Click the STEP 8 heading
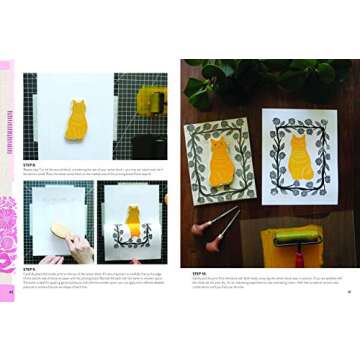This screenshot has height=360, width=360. coord(30,165)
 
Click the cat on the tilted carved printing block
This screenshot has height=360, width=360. coord(218,160)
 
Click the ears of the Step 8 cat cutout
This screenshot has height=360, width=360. coord(75,103)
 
